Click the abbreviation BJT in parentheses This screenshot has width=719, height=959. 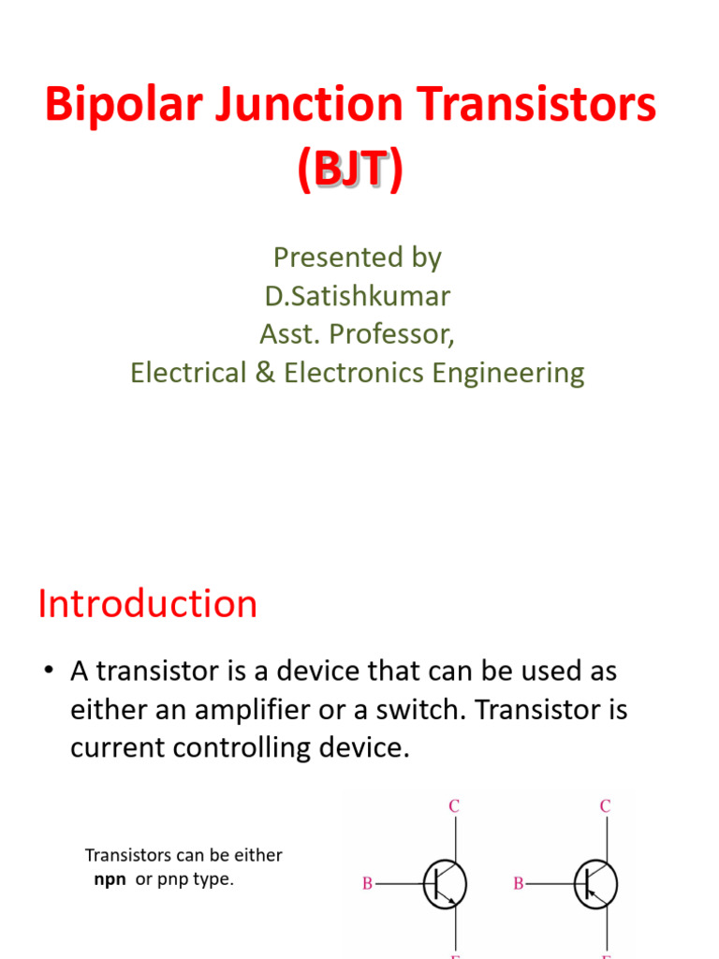click(350, 170)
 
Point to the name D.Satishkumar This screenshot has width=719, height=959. click(357, 297)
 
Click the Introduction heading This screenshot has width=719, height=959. click(147, 604)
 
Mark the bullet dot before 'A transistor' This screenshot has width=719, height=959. click(47, 672)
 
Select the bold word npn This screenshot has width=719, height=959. click(110, 880)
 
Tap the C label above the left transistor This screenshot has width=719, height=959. click(454, 805)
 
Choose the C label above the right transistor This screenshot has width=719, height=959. click(605, 805)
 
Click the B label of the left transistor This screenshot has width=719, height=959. click(367, 883)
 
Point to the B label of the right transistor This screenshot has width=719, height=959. click(518, 883)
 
